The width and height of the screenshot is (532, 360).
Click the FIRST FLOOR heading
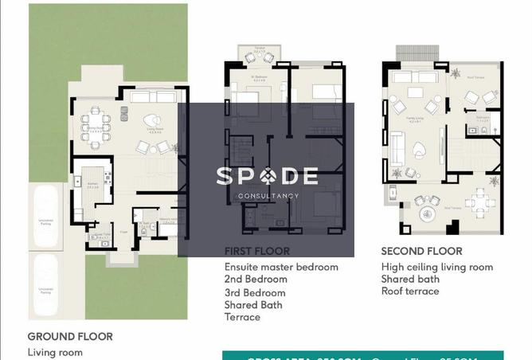pos(257,251)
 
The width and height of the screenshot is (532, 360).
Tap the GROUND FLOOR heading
pos(70,336)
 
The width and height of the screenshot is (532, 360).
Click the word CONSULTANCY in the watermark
pos(268,196)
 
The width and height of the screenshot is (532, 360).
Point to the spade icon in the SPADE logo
pos(267,175)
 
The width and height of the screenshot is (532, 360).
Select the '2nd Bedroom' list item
pos(256,280)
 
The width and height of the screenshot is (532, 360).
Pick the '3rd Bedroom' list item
pos(256,292)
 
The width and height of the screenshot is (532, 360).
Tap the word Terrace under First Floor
pos(242,317)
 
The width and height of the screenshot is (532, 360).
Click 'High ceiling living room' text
pos(436,267)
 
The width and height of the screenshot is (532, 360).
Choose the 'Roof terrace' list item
pos(410,292)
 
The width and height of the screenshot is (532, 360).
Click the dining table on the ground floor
pos(95,127)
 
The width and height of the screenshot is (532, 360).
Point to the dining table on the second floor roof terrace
pos(478,200)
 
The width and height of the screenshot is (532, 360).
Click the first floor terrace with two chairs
pos(260,55)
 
